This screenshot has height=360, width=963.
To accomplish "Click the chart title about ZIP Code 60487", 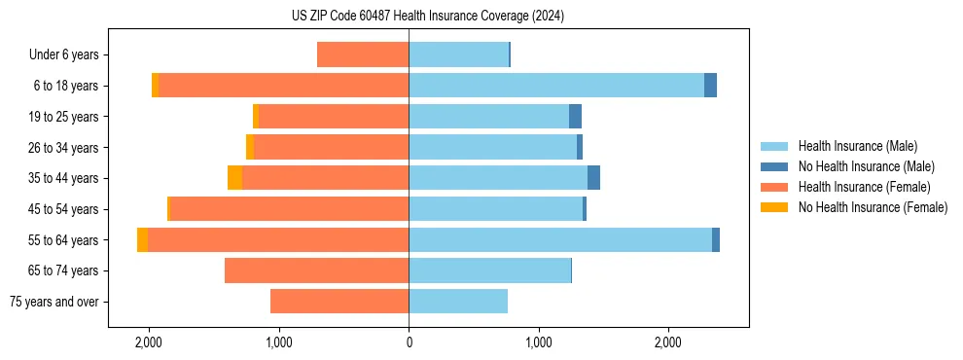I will pos(427,16).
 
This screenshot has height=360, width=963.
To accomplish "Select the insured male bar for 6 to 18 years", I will pos(556,86).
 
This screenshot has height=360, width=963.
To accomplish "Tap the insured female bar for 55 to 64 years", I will pos(278,240).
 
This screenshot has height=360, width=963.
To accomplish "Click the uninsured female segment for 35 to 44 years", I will pos(234,178).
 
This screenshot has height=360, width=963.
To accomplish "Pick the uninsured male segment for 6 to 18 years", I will pos(710,86).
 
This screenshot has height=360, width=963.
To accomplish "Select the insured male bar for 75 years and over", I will pos(458,302).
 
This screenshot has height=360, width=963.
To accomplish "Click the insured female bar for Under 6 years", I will pos(363,55).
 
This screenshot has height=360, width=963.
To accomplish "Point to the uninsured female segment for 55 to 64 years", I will pos(142,240).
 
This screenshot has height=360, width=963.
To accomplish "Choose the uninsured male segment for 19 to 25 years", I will pos(575,117).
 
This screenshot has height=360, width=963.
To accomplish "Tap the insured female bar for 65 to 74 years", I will pos(316,270).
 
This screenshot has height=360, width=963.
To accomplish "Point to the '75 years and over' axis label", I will pos(53,302).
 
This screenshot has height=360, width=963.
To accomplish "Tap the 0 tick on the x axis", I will pos(409,342).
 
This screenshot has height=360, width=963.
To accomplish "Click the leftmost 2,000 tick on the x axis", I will pos(149,342).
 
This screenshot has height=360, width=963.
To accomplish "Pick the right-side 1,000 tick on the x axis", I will pos(538,342).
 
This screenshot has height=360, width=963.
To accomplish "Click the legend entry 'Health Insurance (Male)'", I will pos(857,146).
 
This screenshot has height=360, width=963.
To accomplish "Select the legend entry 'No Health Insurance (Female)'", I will pos(873,207).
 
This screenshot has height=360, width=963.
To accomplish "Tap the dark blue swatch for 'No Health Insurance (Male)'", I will pos(775,166).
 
